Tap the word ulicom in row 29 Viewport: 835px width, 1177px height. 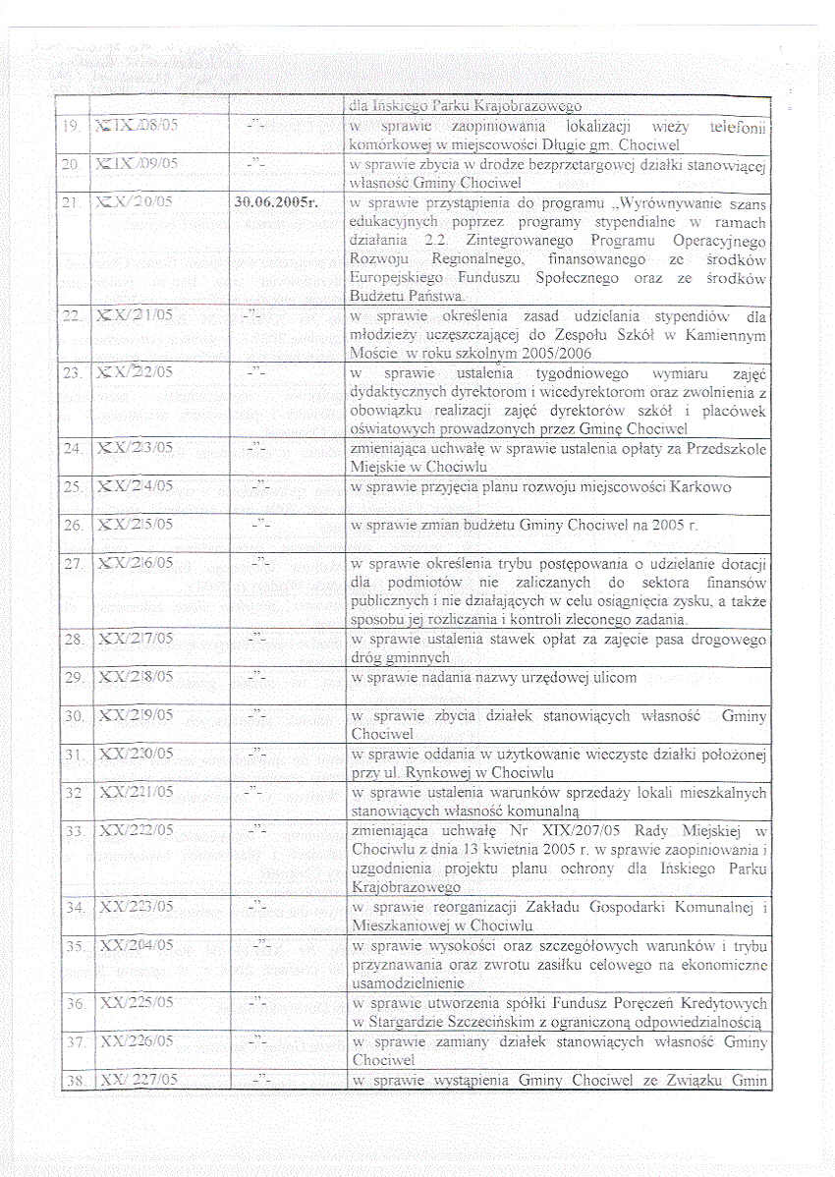pyautogui.click(x=609, y=678)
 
